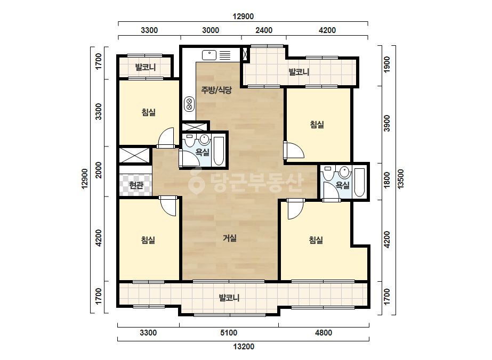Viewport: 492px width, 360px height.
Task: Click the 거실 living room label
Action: point(230,239)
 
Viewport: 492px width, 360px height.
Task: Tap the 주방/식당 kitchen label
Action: point(216,91)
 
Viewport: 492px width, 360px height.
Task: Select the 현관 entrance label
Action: point(136,185)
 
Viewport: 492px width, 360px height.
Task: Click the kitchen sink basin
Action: point(209,55)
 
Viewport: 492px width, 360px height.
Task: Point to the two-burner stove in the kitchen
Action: point(189,104)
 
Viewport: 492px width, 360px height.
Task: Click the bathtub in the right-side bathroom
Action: point(359,182)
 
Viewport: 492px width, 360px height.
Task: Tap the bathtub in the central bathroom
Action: point(219,151)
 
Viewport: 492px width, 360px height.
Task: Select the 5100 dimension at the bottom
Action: point(229,333)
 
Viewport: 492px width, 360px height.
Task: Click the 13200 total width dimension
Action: point(244,347)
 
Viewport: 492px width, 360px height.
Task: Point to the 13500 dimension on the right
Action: point(401,179)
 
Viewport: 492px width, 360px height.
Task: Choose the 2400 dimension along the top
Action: point(264,30)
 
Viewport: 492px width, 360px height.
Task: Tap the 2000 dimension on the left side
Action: point(99,170)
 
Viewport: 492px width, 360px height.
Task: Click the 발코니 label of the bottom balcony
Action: point(229,298)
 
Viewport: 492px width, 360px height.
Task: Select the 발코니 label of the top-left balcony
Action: point(146,67)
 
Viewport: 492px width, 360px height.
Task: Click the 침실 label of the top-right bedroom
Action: point(317,125)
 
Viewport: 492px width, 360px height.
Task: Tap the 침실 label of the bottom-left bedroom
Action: point(148,240)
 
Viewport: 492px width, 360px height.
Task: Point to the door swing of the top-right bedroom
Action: point(295,150)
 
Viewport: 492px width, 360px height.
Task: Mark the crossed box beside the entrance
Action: point(135,156)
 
